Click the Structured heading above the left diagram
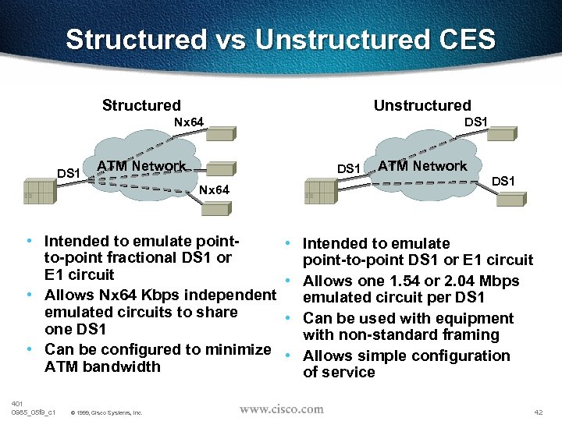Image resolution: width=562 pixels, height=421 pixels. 141,105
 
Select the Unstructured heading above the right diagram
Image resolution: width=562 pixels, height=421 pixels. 422,105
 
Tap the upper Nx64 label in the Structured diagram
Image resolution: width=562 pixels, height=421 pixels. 189,122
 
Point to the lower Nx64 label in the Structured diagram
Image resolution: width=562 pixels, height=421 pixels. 214,190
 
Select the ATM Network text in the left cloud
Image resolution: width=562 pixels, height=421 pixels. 141,166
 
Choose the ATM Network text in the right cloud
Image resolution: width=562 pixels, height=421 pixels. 422,166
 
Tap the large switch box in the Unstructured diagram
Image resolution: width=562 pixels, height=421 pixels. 319,193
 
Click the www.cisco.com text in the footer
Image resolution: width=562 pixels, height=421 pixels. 281,409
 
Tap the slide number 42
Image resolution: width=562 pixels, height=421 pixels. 537,411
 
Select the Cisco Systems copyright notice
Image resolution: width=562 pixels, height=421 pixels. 106,412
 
